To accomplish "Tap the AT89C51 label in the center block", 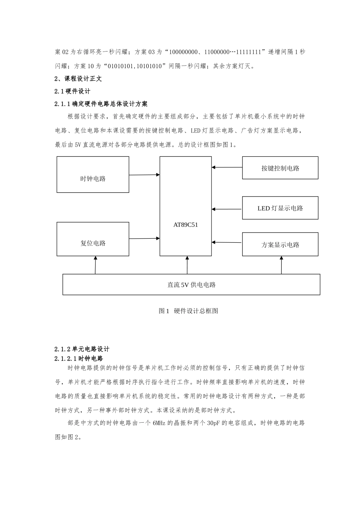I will pyautogui.click(x=186, y=225).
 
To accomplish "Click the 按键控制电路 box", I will pyautogui.click(x=280, y=168).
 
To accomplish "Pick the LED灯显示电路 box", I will pyautogui.click(x=280, y=208).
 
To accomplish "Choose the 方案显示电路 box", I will pyautogui.click(x=280, y=244).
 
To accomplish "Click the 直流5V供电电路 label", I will pyautogui.click(x=191, y=285).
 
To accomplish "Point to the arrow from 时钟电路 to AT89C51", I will pyautogui.click(x=144, y=175).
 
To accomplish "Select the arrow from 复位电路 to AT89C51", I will pyautogui.click(x=144, y=239).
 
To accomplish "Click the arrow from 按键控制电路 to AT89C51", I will pyautogui.click(x=227, y=167).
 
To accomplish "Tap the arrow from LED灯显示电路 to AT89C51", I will pyautogui.click(x=227, y=209).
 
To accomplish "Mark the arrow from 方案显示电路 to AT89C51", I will pyautogui.click(x=227, y=242).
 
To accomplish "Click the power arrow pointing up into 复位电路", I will pyautogui.click(x=95, y=265).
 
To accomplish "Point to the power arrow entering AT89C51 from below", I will pyautogui.click(x=187, y=265).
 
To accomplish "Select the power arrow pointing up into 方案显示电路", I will pyautogui.click(x=281, y=265).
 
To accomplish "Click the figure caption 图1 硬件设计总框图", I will pyautogui.click(x=188, y=311).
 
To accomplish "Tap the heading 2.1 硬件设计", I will pyautogui.click(x=73, y=91).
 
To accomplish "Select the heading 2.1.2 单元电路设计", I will pyautogui.click(x=82, y=349).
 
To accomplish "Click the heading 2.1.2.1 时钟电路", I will pyautogui.click(x=79, y=358).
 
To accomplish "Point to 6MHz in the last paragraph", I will pyautogui.click(x=160, y=423).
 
